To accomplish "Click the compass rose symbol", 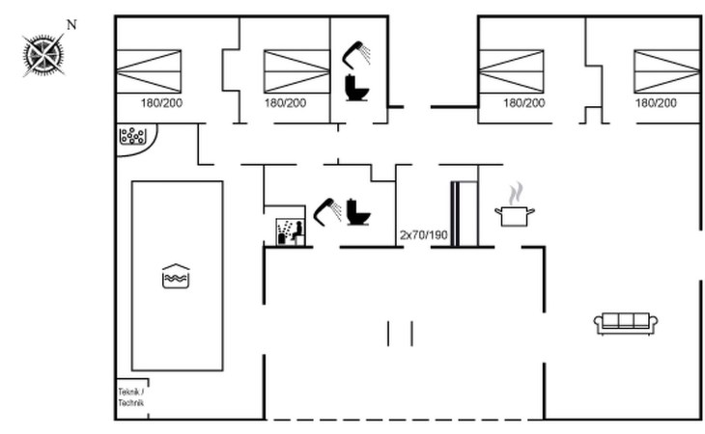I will pos(44,54).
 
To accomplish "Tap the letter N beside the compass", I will pos(70,23).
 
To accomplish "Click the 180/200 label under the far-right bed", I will pos(656,103).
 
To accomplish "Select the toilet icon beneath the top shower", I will pos(358,89).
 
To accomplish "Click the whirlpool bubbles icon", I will pos(131,137).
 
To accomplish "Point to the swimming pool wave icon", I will pos(176,276).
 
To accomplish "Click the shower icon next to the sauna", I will pos(327,209).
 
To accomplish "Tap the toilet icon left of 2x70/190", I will pos(359,211).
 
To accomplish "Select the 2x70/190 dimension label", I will pos(424,235).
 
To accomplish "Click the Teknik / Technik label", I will pos(130,396).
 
